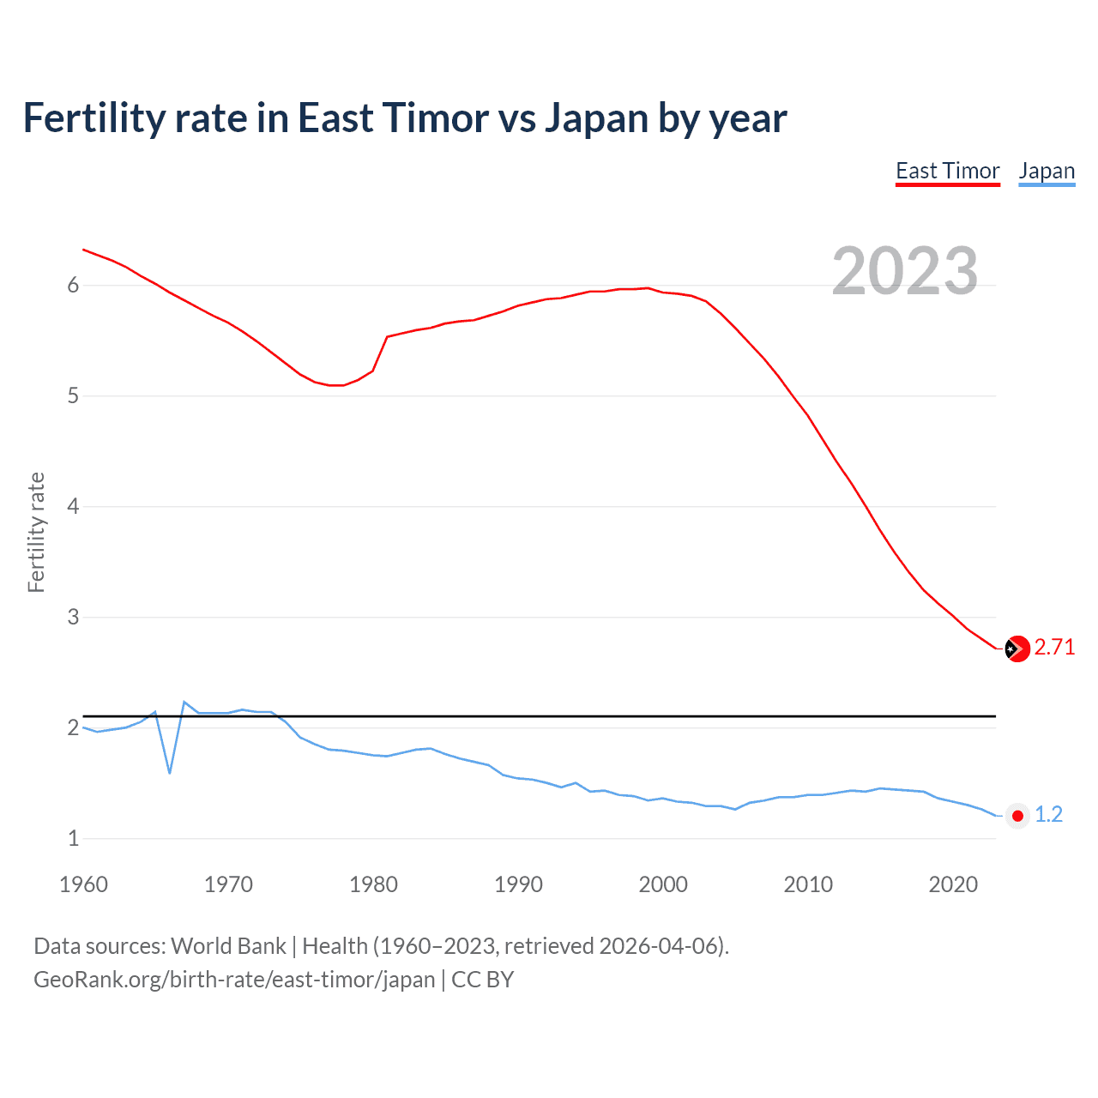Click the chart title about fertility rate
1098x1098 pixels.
click(x=404, y=118)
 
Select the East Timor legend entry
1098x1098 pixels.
click(x=947, y=172)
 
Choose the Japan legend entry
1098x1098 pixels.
click(x=1047, y=172)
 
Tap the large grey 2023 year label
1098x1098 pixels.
click(x=904, y=271)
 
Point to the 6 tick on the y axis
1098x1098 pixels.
click(x=73, y=286)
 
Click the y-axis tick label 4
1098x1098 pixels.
click(x=73, y=507)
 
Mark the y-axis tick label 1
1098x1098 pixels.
click(x=73, y=839)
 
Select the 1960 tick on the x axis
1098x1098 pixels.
click(x=83, y=884)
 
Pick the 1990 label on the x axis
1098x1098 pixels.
click(x=518, y=884)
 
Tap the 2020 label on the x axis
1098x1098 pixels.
click(x=953, y=884)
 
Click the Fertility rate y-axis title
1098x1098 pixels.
click(x=36, y=532)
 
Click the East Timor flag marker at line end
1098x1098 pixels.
click(x=1017, y=649)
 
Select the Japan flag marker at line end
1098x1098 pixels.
click(x=1017, y=816)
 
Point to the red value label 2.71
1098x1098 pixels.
click(x=1054, y=648)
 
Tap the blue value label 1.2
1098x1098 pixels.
click(x=1048, y=815)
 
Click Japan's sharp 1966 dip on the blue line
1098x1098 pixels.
click(x=170, y=772)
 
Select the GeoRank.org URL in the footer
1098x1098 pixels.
click(x=234, y=980)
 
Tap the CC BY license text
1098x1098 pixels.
click(x=482, y=980)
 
